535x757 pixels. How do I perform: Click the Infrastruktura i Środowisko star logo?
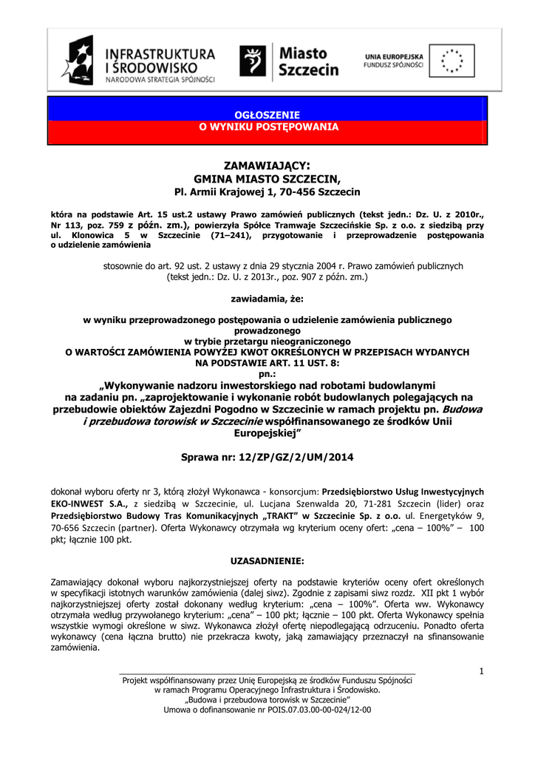[78, 61]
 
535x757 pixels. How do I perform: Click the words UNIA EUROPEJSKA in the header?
[394, 56]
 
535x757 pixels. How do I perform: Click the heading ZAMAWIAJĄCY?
[267, 165]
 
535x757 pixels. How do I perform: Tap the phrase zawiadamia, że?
[267, 300]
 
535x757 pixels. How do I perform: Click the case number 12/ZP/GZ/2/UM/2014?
[294, 458]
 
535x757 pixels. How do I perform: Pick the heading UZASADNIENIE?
[267, 560]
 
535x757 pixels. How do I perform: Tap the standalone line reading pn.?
[267, 375]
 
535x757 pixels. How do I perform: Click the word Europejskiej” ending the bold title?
[267, 433]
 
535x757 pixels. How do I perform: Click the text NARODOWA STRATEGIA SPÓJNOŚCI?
[160, 79]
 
